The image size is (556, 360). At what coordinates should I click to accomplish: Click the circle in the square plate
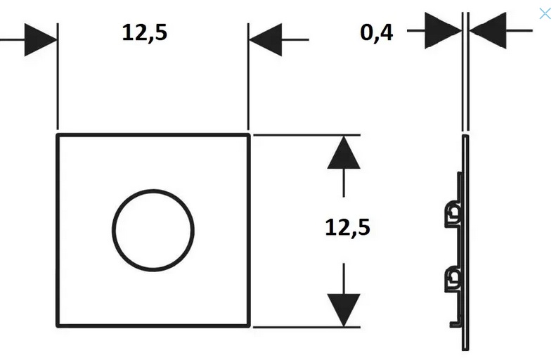click(153, 229)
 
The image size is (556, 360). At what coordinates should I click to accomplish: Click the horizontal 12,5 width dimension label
click(145, 33)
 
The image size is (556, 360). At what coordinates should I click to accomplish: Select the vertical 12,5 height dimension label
click(347, 227)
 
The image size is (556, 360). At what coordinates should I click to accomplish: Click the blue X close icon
click(545, 13)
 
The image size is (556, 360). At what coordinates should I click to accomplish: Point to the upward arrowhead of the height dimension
click(344, 153)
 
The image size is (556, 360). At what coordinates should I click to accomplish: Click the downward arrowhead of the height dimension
click(344, 309)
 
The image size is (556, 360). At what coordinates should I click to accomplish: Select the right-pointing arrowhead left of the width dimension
click(41, 39)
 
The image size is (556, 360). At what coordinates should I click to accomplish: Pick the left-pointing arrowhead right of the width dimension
click(265, 39)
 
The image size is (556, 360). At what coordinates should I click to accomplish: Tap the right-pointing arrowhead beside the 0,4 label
click(444, 31)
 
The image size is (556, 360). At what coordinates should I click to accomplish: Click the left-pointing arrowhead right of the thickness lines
click(487, 31)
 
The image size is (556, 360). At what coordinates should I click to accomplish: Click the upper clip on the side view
click(453, 213)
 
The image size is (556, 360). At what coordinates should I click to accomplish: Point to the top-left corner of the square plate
click(58, 134)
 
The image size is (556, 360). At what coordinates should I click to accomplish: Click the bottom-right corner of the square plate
click(249, 326)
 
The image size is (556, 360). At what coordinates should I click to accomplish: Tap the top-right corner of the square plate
click(249, 134)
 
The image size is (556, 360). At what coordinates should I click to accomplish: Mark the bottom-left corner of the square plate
click(58, 326)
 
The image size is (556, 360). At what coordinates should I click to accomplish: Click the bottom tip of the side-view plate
click(464, 347)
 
